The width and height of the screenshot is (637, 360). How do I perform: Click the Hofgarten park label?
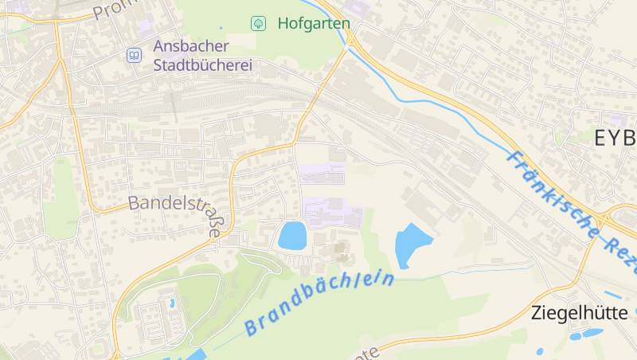click(314, 23)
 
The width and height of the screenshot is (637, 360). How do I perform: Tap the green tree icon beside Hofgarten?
click(258, 23)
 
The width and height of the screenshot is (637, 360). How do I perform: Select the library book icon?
click(134, 55)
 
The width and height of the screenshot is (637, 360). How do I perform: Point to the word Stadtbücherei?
click(202, 65)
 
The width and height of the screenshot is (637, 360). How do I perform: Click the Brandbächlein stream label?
click(320, 303)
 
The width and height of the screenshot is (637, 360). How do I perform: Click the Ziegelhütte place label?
click(579, 313)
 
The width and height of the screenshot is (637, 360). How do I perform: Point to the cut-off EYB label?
click(616, 137)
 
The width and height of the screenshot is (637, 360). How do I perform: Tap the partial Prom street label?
click(111, 10)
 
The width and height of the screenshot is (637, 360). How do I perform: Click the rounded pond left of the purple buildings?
click(292, 236)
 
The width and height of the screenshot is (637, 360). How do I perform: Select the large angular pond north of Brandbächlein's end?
click(412, 244)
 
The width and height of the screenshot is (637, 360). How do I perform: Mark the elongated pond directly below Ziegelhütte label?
click(593, 333)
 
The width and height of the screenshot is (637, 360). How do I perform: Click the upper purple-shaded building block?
click(322, 173)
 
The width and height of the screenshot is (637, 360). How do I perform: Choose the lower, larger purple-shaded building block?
click(331, 212)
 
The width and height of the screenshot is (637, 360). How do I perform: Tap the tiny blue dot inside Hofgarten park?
click(221, 29)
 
